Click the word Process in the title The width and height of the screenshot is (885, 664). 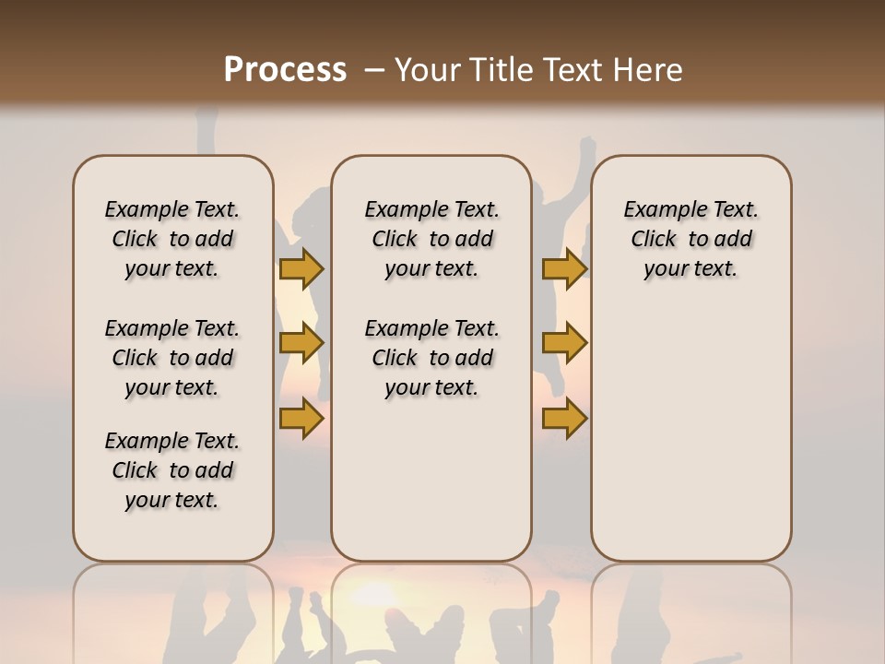pyautogui.click(x=285, y=69)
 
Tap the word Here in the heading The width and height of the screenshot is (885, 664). pyautogui.click(x=646, y=69)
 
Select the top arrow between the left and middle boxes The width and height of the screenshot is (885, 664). pyautogui.click(x=301, y=269)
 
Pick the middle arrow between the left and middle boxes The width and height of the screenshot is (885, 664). pyautogui.click(x=301, y=344)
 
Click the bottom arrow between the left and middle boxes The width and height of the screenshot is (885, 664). pyautogui.click(x=301, y=419)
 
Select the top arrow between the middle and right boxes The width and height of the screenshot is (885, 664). pyautogui.click(x=564, y=269)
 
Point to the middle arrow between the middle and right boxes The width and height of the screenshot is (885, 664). pyautogui.click(x=564, y=344)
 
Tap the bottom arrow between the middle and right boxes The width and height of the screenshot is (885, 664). pyautogui.click(x=564, y=419)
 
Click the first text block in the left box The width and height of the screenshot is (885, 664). pyautogui.click(x=172, y=239)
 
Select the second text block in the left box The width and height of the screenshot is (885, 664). pyautogui.click(x=172, y=358)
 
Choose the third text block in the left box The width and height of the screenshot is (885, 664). pyautogui.click(x=172, y=470)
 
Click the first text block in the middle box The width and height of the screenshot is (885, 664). pyautogui.click(x=431, y=239)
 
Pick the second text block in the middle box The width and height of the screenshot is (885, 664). pyautogui.click(x=431, y=358)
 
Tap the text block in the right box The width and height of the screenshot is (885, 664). pyautogui.click(x=690, y=239)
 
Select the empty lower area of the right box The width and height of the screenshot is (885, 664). pyautogui.click(x=690, y=424)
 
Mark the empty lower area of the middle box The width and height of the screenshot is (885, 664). pyautogui.click(x=431, y=480)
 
